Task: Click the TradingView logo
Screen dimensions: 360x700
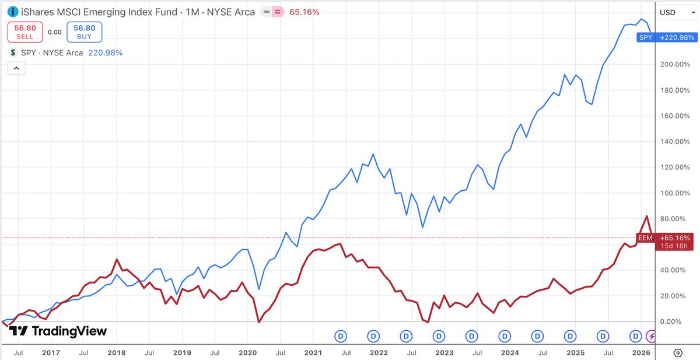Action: coord(58,331)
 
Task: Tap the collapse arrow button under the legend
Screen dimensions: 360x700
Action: coord(16,69)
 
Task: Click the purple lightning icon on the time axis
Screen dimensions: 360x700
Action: coord(652,336)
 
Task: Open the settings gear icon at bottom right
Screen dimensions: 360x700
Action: coord(678,353)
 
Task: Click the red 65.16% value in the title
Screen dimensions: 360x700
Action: coord(304,12)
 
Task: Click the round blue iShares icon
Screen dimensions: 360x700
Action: coord(13,12)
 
